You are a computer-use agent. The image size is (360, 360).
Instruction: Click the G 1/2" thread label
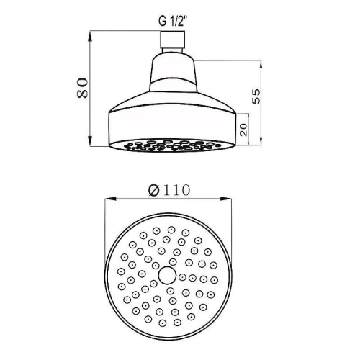(172, 22)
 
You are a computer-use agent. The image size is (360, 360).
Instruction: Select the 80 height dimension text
(82, 88)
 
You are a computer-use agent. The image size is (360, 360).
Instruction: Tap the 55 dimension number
(256, 96)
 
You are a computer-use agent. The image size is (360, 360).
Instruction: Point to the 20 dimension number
(243, 130)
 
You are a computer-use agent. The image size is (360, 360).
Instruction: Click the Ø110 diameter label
(169, 190)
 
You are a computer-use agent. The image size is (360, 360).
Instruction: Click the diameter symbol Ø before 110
(154, 190)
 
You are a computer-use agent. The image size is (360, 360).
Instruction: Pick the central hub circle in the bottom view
(168, 275)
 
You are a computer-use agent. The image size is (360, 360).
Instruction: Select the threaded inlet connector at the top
(173, 40)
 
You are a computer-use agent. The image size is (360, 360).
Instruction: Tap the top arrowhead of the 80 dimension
(90, 36)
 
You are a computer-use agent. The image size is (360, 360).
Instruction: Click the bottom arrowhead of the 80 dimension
(90, 141)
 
